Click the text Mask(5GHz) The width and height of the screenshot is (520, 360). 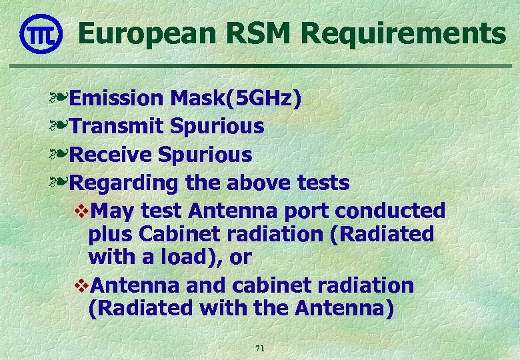pyautogui.click(x=236, y=98)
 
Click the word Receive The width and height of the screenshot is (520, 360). pyautogui.click(x=111, y=155)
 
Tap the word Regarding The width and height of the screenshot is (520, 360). pyautogui.click(x=123, y=182)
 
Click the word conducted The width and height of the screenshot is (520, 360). pyautogui.click(x=391, y=211)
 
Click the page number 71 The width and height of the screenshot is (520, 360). pyautogui.click(x=260, y=349)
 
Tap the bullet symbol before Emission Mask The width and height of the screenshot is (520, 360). pyautogui.click(x=58, y=99)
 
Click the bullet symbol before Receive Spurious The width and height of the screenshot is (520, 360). pyautogui.click(x=58, y=155)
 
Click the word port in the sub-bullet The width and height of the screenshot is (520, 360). pyautogui.click(x=307, y=211)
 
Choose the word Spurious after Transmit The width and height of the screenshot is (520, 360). pyautogui.click(x=217, y=125)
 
